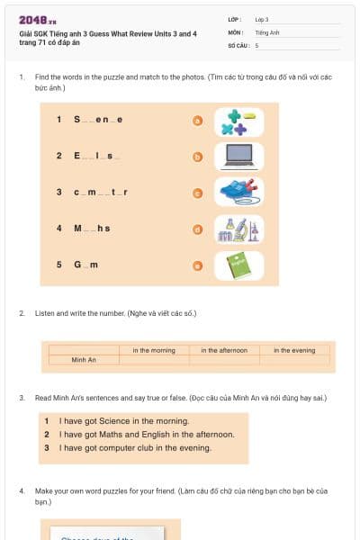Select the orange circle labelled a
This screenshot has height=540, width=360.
(197, 121)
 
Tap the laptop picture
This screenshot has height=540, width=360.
(238, 157)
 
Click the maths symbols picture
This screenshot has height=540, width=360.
(238, 121)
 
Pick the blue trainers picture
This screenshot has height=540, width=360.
(238, 192)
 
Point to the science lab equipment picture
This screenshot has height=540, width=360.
(238, 229)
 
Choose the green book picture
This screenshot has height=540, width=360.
(238, 265)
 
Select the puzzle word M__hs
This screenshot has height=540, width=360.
(92, 229)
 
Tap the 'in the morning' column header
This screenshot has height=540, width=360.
(154, 350)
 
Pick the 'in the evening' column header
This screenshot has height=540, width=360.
(294, 350)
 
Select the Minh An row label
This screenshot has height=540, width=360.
(84, 360)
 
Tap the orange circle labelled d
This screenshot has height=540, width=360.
(197, 229)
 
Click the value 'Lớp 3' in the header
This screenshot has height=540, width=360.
(262, 19)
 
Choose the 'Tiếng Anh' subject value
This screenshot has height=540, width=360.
(267, 31)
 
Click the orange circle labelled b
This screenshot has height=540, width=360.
(197, 157)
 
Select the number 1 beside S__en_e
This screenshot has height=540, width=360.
(58, 120)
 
